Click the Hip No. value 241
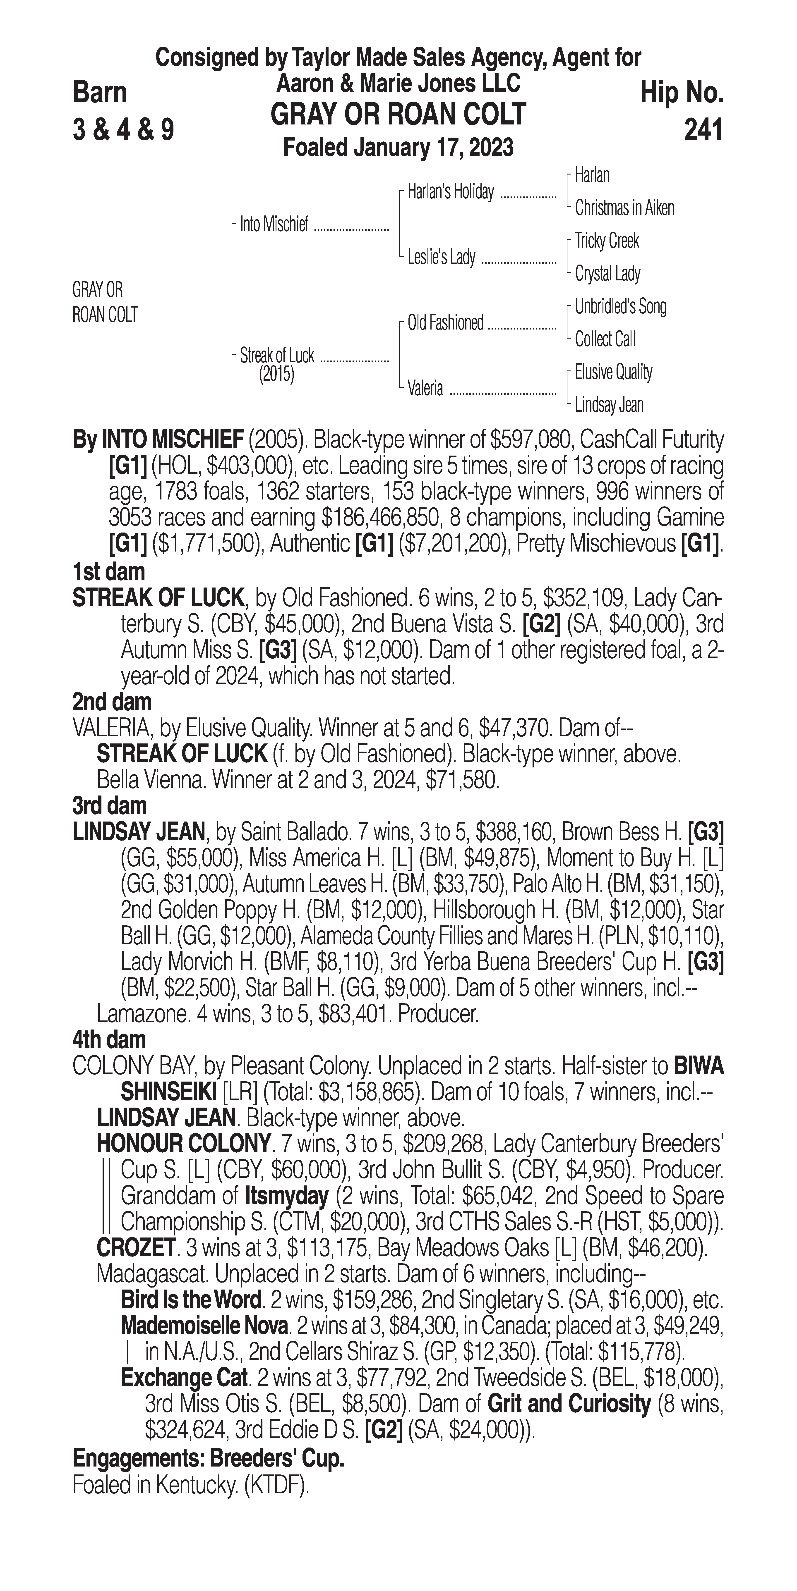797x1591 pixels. point(703,130)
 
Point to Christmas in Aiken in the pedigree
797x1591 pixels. point(624,208)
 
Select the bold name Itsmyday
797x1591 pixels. point(286,1196)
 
